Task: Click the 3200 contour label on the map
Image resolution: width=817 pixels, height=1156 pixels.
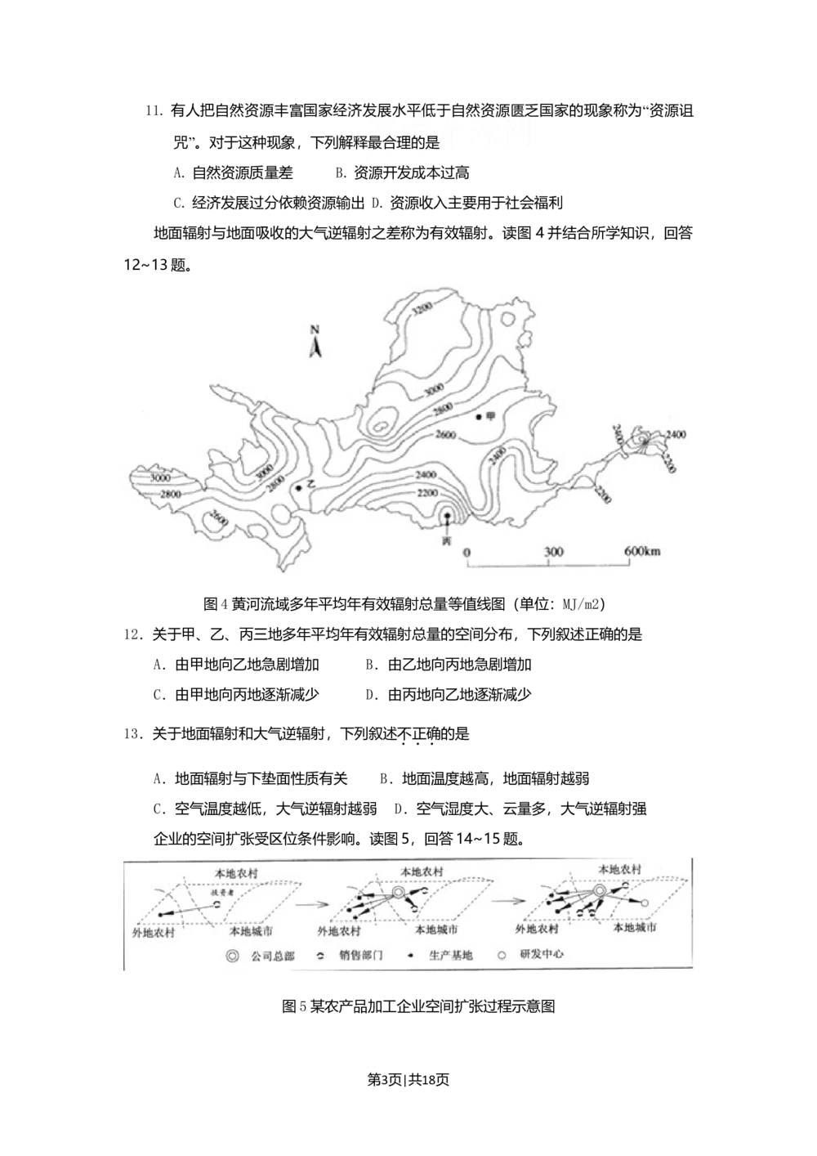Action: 423,310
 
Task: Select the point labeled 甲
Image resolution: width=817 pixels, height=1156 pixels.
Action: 479,417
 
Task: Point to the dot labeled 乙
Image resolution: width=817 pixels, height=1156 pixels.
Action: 299,488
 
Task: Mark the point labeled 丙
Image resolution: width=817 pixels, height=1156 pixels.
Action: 446,516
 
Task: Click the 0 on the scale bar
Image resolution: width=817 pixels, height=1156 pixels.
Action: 467,551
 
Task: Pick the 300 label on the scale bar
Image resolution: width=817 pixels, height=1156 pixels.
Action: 554,551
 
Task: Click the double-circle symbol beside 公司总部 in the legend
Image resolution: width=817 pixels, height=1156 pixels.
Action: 234,954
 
